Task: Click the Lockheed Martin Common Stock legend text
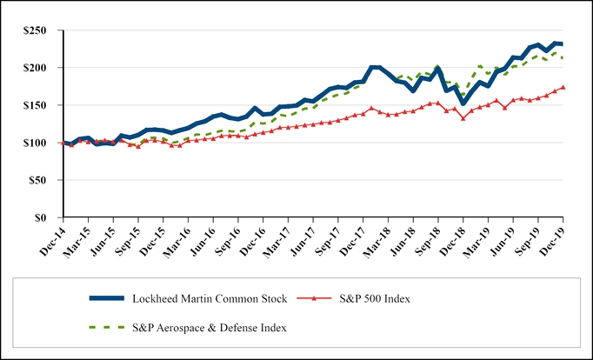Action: pyautogui.click(x=213, y=299)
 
